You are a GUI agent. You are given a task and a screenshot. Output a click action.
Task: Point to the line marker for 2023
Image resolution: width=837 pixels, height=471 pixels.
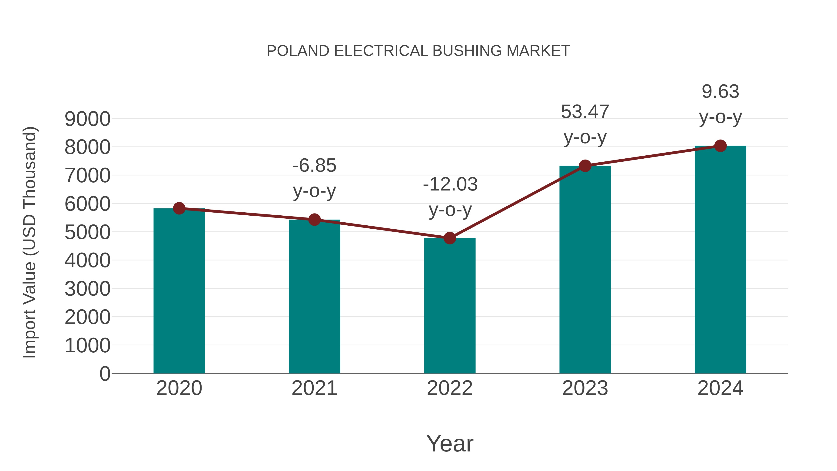click(585, 166)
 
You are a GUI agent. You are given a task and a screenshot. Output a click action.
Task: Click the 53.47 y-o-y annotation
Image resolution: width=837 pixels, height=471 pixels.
click(585, 124)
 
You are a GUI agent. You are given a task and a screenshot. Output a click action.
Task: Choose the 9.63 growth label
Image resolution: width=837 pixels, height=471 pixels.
click(720, 91)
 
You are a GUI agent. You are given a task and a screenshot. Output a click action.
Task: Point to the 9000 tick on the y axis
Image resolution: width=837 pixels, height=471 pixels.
click(87, 119)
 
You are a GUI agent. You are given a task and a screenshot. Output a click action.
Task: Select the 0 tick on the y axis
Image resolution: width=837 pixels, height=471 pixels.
click(105, 374)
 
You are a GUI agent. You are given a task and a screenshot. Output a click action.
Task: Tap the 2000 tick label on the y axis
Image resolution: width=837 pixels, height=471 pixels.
click(87, 317)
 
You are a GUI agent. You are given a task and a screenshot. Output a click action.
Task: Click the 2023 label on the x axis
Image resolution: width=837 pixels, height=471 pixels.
click(585, 388)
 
